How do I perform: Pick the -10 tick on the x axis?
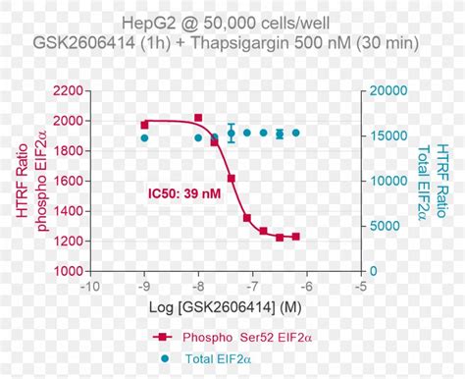click(x=90, y=286)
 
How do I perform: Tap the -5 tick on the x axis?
click(x=362, y=286)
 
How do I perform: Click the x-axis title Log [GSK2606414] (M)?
click(x=226, y=309)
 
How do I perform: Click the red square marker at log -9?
click(x=144, y=125)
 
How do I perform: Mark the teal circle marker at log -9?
click(x=144, y=138)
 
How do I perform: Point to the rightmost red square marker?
click(x=295, y=237)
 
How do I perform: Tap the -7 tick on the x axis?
click(x=253, y=286)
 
